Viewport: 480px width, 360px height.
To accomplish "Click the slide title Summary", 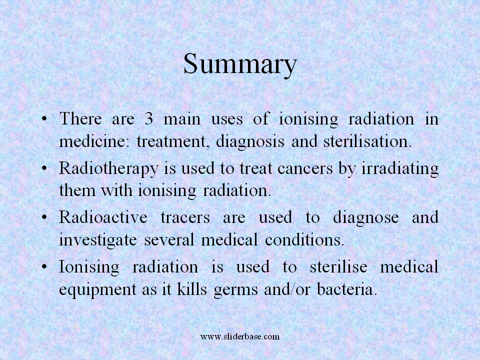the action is (240, 65).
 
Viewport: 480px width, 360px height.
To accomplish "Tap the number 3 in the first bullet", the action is (149, 118).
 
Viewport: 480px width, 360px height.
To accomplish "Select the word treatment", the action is (173, 141).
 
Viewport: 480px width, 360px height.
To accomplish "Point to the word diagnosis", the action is (250, 141).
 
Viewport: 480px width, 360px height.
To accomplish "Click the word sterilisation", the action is (367, 141).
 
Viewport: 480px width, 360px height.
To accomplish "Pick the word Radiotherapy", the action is (108, 168).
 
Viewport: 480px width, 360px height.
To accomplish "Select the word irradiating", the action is (400, 168).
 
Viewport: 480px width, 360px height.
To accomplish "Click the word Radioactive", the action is (103, 217).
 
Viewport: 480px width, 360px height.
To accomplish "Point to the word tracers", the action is (185, 217).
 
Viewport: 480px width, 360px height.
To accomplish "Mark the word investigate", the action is (98, 239).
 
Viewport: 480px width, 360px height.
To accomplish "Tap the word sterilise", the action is (338, 266).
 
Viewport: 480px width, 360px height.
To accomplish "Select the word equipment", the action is (97, 289).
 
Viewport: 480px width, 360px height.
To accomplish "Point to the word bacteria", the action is (346, 289).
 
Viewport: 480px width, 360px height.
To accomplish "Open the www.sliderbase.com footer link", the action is (240, 336).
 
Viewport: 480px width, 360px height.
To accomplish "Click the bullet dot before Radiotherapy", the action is (44, 168).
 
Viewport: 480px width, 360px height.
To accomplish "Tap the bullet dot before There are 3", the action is (44, 118).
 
